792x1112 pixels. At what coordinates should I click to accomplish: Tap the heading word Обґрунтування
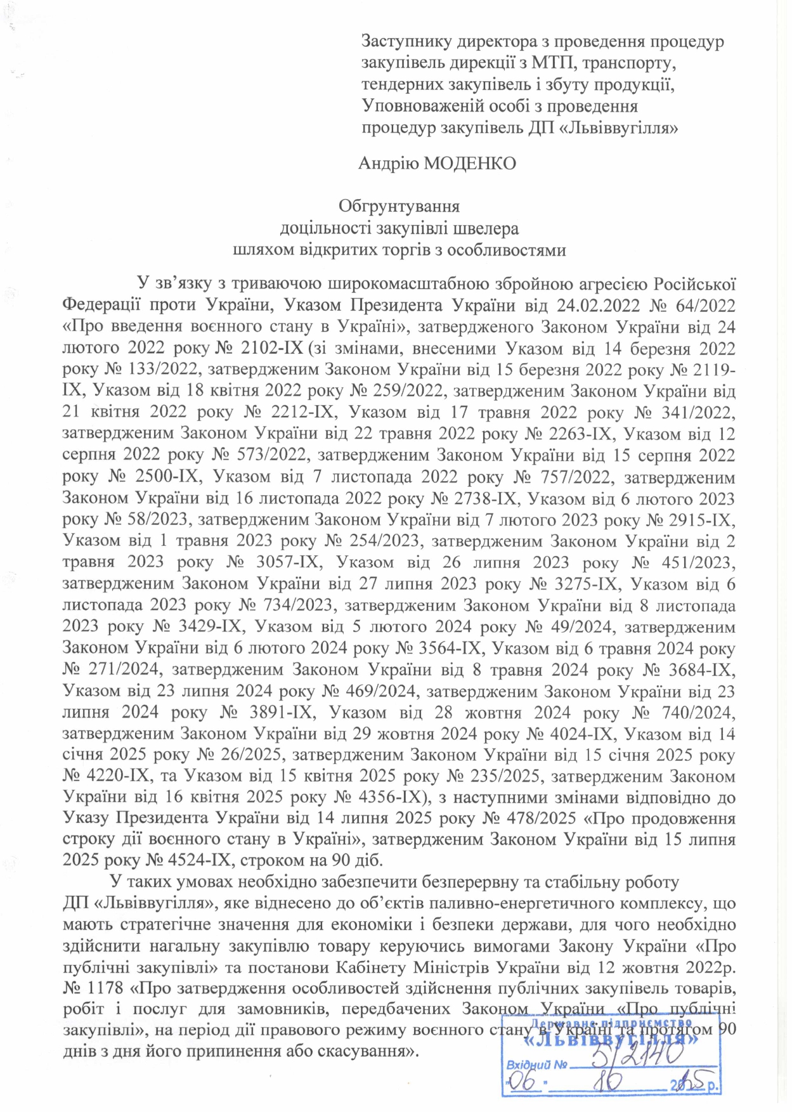coord(399,206)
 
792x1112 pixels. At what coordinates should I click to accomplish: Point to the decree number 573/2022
coord(276,455)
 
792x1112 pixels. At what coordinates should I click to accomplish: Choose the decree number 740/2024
coord(695,712)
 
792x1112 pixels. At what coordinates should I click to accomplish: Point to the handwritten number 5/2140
coord(637,1056)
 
